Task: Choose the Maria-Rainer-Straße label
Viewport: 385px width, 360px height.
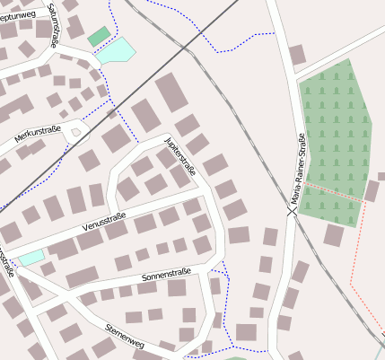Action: point(296,171)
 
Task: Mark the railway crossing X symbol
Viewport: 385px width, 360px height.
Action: point(292,212)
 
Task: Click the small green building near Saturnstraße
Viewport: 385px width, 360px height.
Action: point(99,37)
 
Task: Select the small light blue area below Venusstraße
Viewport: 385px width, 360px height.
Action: point(31,259)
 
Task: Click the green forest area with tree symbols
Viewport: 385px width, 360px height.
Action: point(335,135)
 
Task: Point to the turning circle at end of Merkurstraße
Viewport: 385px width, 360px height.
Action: point(75,134)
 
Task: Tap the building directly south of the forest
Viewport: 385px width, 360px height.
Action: point(334,235)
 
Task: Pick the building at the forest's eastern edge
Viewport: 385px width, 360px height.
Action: point(372,190)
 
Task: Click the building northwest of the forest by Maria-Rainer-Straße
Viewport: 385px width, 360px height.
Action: point(297,55)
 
